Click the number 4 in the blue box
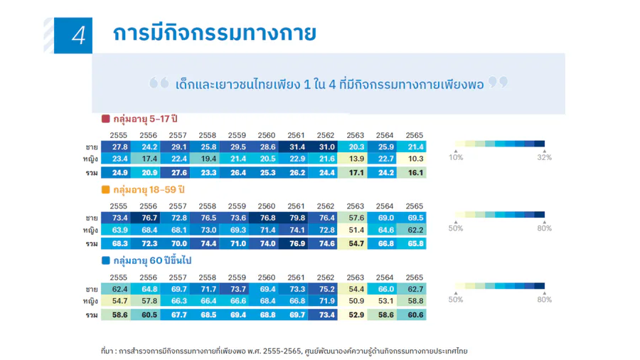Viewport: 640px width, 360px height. [x=78, y=36]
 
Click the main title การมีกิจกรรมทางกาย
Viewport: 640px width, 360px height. [x=214, y=33]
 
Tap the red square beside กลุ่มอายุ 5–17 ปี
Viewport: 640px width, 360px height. [x=106, y=119]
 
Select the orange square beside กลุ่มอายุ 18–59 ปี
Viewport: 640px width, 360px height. [x=106, y=190]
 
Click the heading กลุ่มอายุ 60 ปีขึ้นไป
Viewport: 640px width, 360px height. [x=152, y=260]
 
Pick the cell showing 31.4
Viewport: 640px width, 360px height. [x=297, y=147]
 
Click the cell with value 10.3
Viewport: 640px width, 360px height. [x=415, y=159]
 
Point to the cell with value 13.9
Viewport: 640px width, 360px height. [x=356, y=159]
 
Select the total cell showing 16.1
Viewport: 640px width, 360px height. [x=415, y=173]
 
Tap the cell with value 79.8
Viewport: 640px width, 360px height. [x=297, y=218]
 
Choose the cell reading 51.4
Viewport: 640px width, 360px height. [x=356, y=230]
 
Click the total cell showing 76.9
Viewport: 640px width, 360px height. [x=297, y=243]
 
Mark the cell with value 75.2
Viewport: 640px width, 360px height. [x=326, y=289]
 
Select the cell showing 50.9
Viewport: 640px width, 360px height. [x=356, y=301]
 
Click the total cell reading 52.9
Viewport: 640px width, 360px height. [x=356, y=314]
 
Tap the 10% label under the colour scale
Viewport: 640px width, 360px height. [x=456, y=157]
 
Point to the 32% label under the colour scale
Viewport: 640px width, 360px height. [x=545, y=157]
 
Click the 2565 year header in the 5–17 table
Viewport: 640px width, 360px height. [x=415, y=135]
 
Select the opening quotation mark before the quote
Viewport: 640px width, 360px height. [x=159, y=83]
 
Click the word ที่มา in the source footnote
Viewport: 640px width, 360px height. [x=107, y=351]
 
